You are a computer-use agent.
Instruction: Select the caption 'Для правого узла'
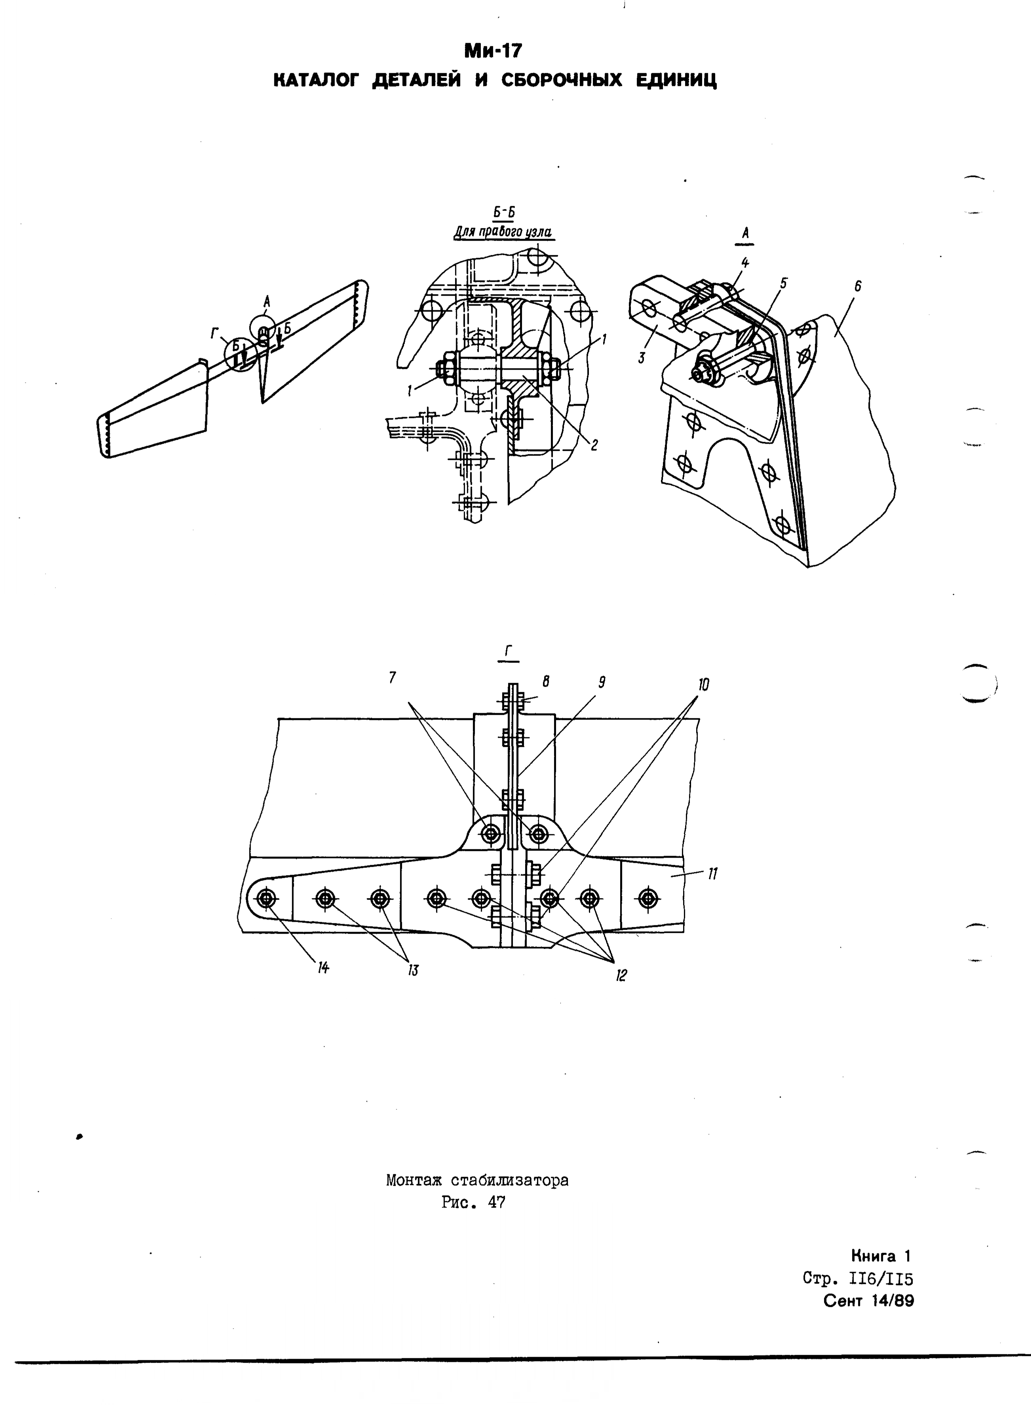[503, 232]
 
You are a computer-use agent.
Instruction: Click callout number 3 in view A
[642, 358]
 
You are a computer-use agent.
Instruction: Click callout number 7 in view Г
[393, 677]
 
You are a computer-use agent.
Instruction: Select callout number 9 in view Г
[602, 682]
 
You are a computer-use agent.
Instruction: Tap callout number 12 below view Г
[621, 975]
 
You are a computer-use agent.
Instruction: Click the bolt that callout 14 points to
[268, 899]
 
